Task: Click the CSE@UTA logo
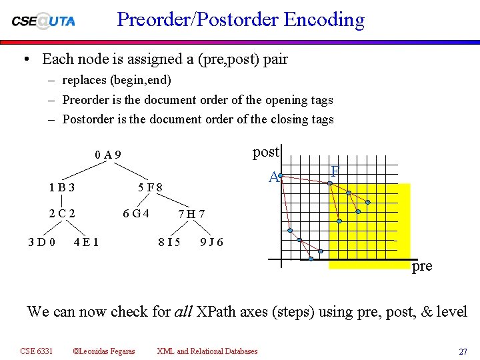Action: click(x=43, y=21)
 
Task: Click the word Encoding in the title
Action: click(x=324, y=19)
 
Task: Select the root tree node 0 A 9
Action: click(x=108, y=155)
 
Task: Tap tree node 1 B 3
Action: click(x=61, y=187)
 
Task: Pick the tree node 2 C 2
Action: click(x=61, y=214)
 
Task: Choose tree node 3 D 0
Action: click(x=41, y=241)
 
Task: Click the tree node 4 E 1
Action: click(x=87, y=241)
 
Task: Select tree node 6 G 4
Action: click(x=135, y=214)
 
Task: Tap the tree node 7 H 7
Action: click(x=191, y=215)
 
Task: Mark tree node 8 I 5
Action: click(x=168, y=241)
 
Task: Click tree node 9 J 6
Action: click(x=211, y=241)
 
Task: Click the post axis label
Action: click(x=265, y=152)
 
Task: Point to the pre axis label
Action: click(x=422, y=266)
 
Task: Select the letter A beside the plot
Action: click(x=273, y=177)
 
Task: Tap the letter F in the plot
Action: click(x=335, y=171)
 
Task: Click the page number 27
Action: click(x=462, y=351)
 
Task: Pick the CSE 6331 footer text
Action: click(x=37, y=351)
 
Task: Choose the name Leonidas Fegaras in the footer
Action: click(x=107, y=351)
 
